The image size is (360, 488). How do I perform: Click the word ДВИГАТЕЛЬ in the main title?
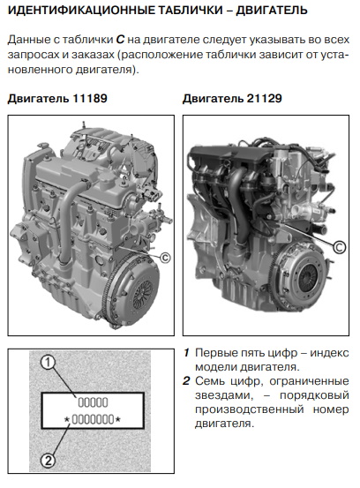click(272, 11)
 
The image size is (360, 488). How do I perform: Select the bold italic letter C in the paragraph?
click(120, 40)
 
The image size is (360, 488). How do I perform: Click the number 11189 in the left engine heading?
click(90, 98)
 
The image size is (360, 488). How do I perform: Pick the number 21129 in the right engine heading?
click(265, 98)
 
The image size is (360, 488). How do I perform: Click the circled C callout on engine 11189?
click(165, 258)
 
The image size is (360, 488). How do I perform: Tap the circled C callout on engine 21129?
click(340, 247)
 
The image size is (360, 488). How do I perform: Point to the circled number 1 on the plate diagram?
click(48, 363)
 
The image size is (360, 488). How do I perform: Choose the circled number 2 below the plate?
click(48, 461)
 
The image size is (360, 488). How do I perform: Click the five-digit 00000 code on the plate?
click(93, 402)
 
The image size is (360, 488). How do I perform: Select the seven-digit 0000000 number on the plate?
click(93, 419)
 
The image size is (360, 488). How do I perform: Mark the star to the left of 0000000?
click(67, 419)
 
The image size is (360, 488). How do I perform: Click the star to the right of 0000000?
click(117, 419)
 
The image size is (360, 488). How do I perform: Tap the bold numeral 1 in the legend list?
click(186, 353)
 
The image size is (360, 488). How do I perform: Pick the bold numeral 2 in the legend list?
click(186, 381)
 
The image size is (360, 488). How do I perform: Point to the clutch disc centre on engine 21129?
click(308, 277)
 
